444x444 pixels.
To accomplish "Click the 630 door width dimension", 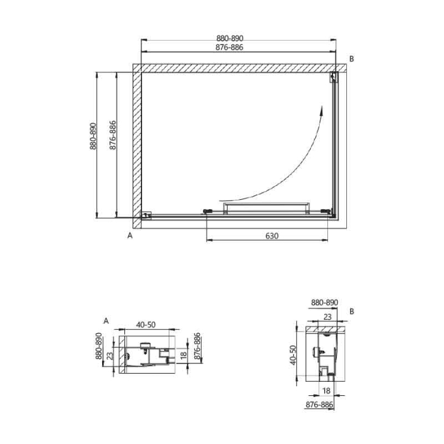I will click(271, 235).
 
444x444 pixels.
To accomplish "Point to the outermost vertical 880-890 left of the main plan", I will click(93, 136).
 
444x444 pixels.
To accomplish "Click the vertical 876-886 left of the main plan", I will click(112, 136).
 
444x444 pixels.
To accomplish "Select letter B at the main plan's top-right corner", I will click(352, 59).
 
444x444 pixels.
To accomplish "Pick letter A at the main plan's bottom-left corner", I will click(130, 235).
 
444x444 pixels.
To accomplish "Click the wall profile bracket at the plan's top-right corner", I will click(334, 78).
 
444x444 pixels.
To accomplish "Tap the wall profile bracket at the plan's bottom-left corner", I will click(146, 215).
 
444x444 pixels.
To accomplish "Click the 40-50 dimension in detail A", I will click(145, 324).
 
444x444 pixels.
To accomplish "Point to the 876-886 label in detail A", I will click(197, 346).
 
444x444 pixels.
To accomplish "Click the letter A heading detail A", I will click(107, 322).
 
